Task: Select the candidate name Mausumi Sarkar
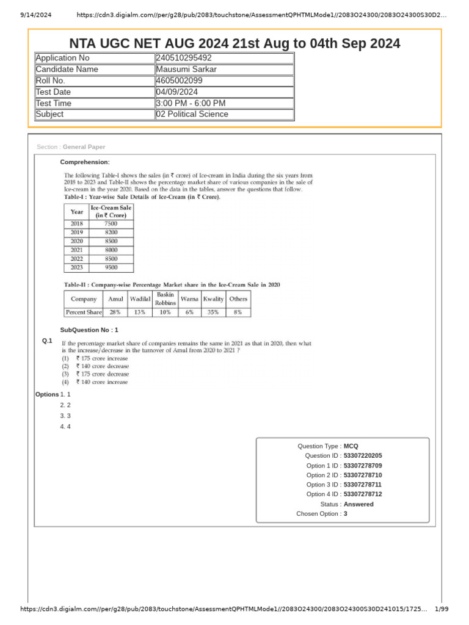tap(186, 69)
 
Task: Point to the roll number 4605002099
tap(180, 81)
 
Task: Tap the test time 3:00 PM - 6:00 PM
tap(191, 103)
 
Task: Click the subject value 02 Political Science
tap(192, 114)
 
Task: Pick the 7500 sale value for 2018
tap(111, 224)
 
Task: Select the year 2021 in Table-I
tap(77, 250)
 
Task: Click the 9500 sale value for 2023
tap(111, 267)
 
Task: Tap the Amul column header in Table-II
tap(115, 299)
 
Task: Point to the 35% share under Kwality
tap(213, 312)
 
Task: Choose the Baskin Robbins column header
tap(165, 298)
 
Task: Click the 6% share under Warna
tap(189, 312)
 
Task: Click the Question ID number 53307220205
tap(363, 456)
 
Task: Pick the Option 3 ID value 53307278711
tap(363, 485)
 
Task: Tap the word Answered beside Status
tap(358, 504)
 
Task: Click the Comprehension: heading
tap(85, 162)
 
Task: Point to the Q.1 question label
tap(47, 341)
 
